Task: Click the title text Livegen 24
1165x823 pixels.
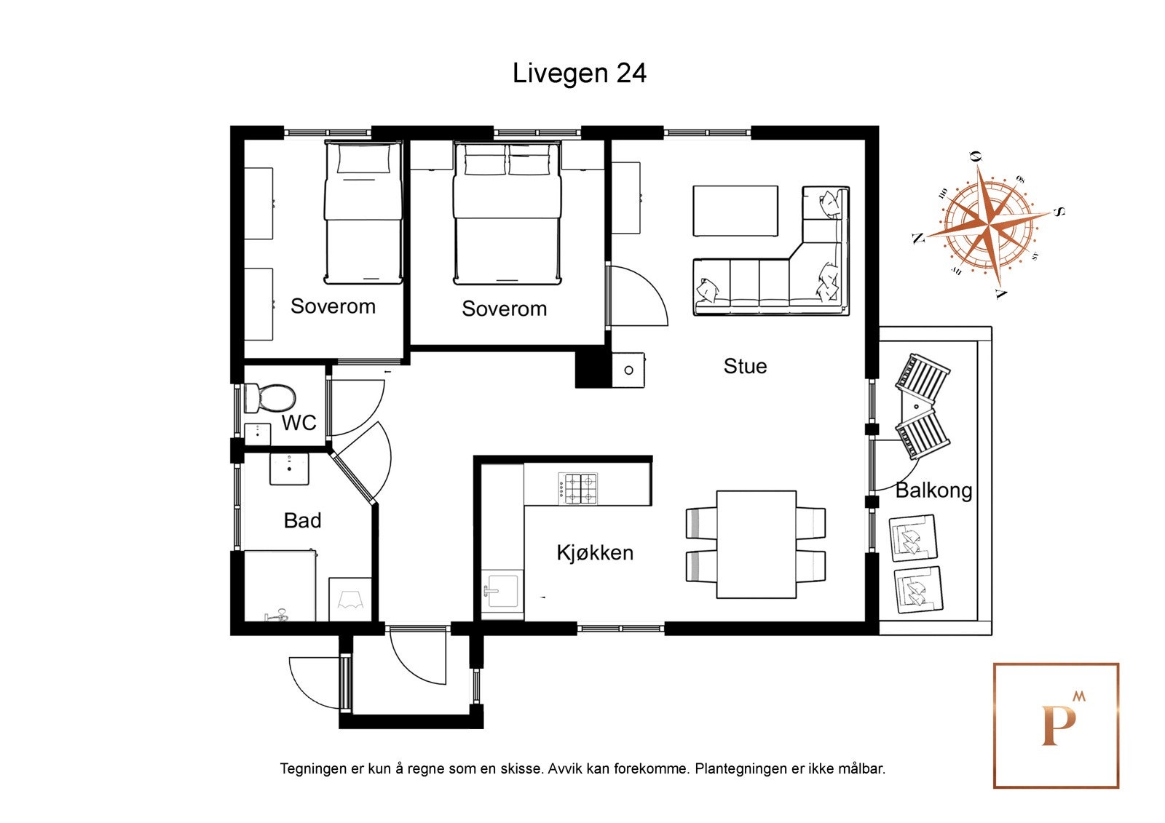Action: pos(580,73)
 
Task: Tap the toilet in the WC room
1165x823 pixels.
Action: pos(269,399)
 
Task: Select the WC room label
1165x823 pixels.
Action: pos(299,423)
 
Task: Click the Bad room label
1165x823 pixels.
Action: pos(302,520)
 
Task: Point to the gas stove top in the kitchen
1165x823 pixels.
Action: pos(578,488)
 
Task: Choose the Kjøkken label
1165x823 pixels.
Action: pos(595,552)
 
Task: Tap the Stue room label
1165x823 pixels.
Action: pos(745,366)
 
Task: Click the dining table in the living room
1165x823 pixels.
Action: pos(757,544)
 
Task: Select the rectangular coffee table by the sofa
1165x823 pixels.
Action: pos(735,211)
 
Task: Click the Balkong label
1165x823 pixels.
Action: pos(933,490)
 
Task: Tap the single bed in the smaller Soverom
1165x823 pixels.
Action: pos(363,212)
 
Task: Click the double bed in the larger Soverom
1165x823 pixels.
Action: pos(507,213)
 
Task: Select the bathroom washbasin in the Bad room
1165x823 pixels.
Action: pos(289,469)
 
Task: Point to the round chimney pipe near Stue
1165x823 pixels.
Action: pos(629,370)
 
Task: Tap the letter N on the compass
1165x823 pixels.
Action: pos(918,238)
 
